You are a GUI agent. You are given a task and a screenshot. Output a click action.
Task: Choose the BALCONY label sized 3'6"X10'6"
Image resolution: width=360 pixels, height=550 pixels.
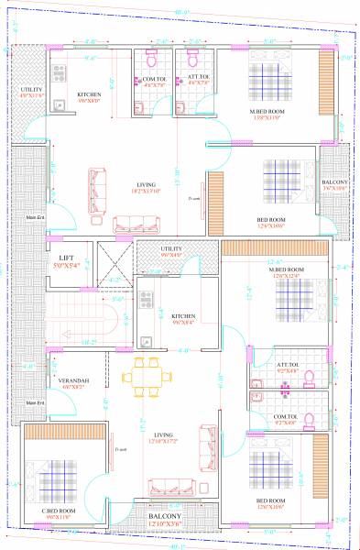pyautogui.click(x=336, y=183)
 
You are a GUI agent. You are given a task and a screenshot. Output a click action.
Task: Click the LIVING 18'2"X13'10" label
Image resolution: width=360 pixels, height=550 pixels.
pyautogui.click(x=141, y=184)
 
